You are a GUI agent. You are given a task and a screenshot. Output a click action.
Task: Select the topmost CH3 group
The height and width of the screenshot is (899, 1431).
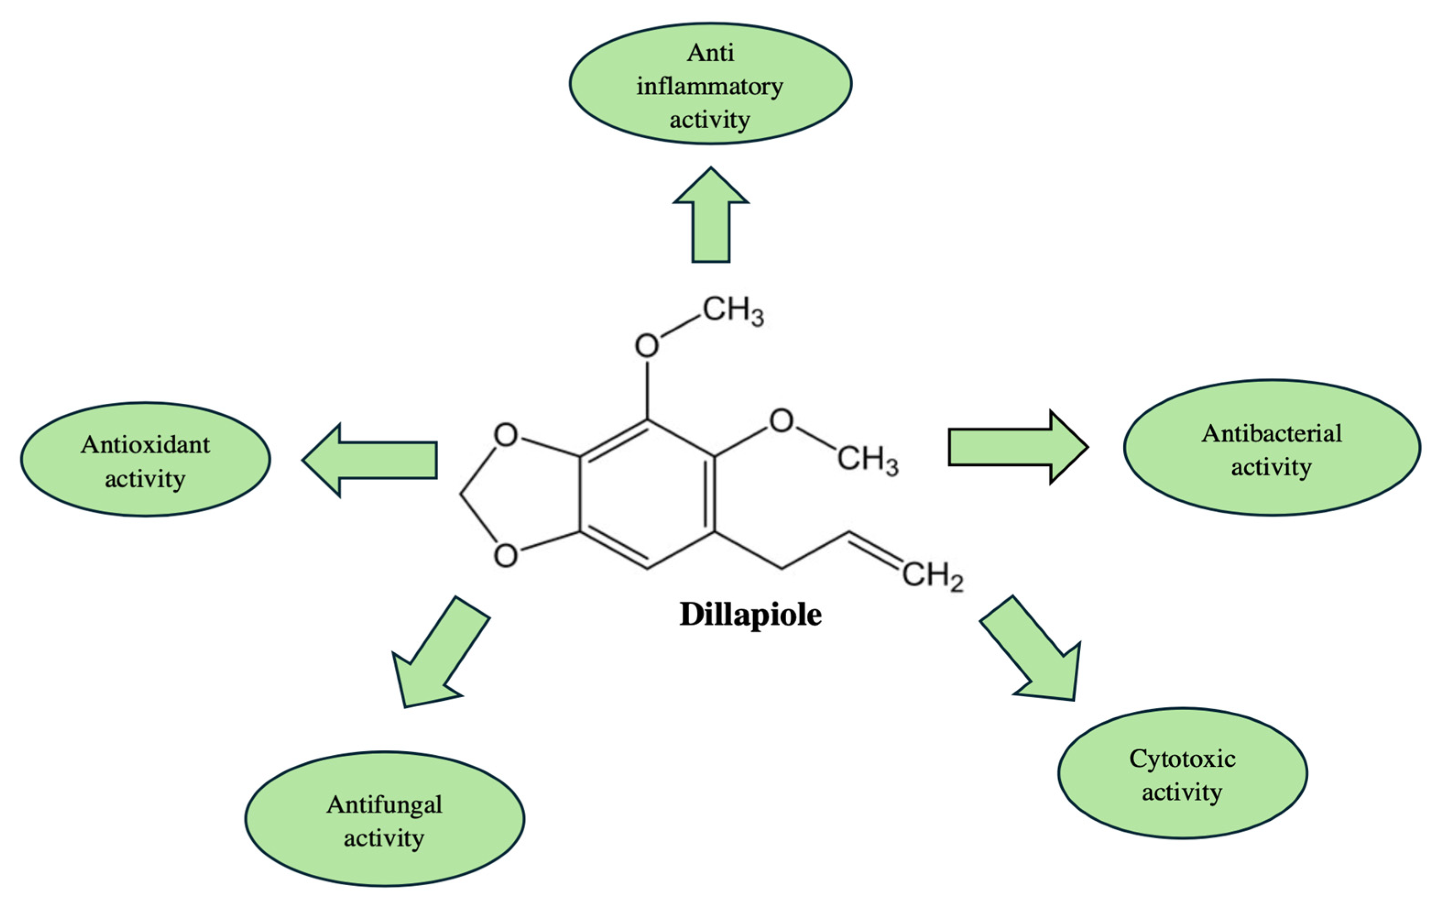pyautogui.click(x=733, y=311)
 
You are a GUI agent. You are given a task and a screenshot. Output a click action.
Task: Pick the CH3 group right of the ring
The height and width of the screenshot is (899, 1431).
pyautogui.click(x=867, y=460)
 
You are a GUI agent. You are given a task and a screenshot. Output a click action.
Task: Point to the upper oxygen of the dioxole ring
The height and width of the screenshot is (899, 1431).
pyautogui.click(x=506, y=435)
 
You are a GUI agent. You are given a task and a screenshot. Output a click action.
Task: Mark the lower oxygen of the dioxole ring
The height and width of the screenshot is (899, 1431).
pyautogui.click(x=506, y=556)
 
